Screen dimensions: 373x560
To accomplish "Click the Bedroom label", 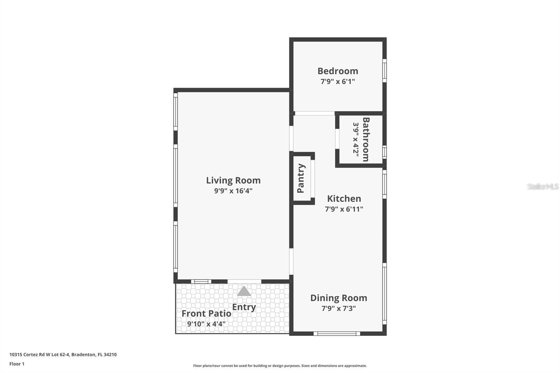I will pyautogui.click(x=338, y=71).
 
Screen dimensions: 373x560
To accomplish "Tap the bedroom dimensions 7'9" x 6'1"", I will pyautogui.click(x=338, y=82).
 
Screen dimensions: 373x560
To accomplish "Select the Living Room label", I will pyautogui.click(x=233, y=181).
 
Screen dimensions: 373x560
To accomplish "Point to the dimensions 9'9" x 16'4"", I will pyautogui.click(x=233, y=191).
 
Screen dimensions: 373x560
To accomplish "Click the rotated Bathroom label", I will pyautogui.click(x=366, y=139).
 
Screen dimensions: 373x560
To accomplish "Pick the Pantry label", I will pyautogui.click(x=301, y=178).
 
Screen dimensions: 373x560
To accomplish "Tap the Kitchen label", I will pyautogui.click(x=344, y=199).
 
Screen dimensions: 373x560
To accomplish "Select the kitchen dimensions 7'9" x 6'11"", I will pyautogui.click(x=344, y=209).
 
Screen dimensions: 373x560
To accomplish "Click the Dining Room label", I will pyautogui.click(x=338, y=298).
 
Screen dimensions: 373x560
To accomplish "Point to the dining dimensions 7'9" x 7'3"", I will pyautogui.click(x=338, y=309).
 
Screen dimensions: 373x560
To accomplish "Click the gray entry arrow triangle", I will pyautogui.click(x=244, y=291).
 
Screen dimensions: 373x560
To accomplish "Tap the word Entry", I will pyautogui.click(x=244, y=307).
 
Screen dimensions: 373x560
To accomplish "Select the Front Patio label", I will pyautogui.click(x=206, y=314).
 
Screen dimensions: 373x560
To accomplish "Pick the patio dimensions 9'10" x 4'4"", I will pyautogui.click(x=206, y=324).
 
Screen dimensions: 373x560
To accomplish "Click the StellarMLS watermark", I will pyautogui.click(x=542, y=186).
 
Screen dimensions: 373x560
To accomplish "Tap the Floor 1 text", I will pyautogui.click(x=17, y=364).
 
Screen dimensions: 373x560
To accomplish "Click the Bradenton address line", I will pyautogui.click(x=63, y=354).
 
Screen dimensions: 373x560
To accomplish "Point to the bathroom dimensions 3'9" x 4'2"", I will pyautogui.click(x=356, y=139).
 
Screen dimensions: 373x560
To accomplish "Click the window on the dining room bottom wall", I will pyautogui.click(x=337, y=333).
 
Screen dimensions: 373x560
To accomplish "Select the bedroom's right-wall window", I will pyautogui.click(x=384, y=71).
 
